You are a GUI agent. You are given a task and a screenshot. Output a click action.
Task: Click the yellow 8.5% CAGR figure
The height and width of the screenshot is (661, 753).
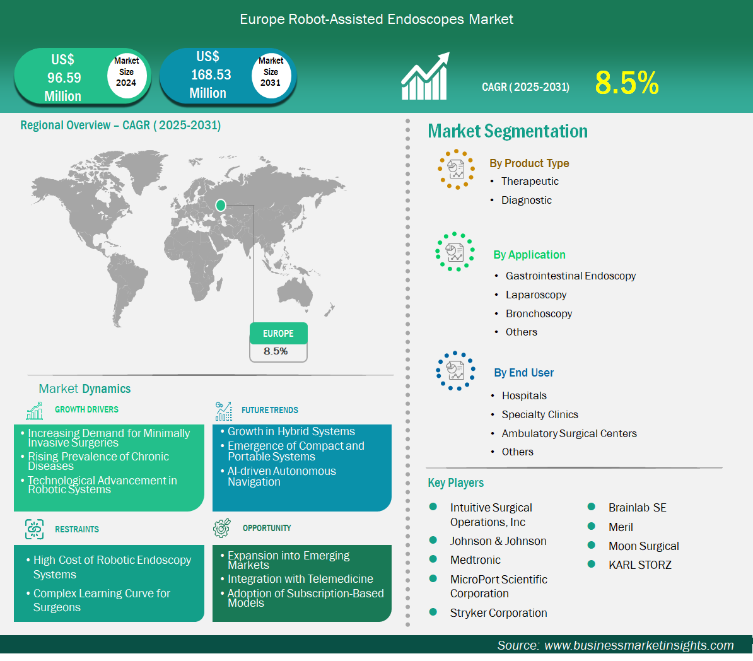pyautogui.click(x=627, y=83)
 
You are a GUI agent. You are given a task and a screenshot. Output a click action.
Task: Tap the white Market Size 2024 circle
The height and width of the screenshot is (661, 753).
pyautogui.click(x=126, y=76)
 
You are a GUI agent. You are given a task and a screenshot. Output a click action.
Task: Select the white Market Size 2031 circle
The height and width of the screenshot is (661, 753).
pyautogui.click(x=271, y=76)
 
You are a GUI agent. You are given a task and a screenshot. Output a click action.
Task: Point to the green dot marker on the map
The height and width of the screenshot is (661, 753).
pyautogui.click(x=221, y=206)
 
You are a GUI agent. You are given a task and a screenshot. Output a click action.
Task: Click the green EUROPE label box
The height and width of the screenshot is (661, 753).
pyautogui.click(x=279, y=334)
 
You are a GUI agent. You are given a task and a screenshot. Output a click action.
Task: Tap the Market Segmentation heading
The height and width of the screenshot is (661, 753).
pyautogui.click(x=508, y=131)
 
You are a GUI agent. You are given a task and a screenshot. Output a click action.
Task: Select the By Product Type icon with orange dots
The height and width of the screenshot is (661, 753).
pyautogui.click(x=456, y=169)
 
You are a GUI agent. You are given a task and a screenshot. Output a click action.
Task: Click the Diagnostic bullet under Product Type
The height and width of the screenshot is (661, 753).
pyautogui.click(x=527, y=201)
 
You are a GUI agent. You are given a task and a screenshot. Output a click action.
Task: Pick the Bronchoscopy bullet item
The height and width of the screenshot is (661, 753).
pyautogui.click(x=539, y=313)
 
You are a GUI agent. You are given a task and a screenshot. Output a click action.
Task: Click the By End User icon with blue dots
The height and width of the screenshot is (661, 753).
pyautogui.click(x=455, y=371)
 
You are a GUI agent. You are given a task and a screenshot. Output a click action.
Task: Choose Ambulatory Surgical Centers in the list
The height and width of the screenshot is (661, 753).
pyautogui.click(x=569, y=433)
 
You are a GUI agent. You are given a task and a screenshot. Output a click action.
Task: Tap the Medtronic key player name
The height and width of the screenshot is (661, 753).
pyautogui.click(x=476, y=560)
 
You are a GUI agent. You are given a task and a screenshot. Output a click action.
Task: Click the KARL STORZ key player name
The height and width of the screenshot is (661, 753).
pyautogui.click(x=640, y=565)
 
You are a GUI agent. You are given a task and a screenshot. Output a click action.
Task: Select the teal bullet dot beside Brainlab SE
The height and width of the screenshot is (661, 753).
pyautogui.click(x=591, y=507)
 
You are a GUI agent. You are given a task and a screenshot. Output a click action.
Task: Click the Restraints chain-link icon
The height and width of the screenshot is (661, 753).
pyautogui.click(x=34, y=529)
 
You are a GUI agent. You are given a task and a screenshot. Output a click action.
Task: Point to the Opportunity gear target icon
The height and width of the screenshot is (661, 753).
pyautogui.click(x=222, y=528)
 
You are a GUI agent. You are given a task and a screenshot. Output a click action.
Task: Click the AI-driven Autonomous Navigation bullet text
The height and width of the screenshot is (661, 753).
pyautogui.click(x=282, y=477)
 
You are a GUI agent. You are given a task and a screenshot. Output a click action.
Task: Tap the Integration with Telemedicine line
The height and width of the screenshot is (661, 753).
pyautogui.click(x=300, y=579)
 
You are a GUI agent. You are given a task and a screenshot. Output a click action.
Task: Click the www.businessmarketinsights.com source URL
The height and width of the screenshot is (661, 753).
pyautogui.click(x=639, y=645)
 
